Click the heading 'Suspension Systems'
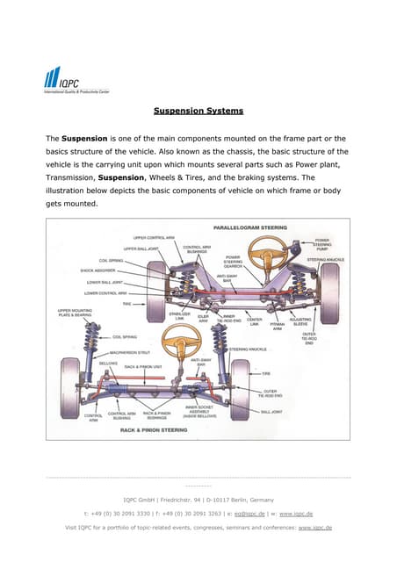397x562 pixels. (x=198, y=112)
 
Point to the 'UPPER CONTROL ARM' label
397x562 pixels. (x=152, y=237)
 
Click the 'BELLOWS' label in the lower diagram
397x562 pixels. (x=84, y=362)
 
